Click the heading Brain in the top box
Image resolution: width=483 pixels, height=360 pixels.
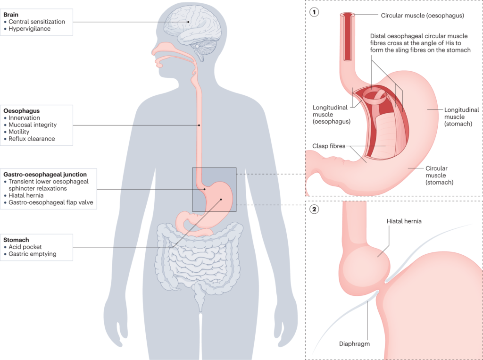point(11,15)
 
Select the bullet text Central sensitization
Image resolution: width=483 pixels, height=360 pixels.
point(37,22)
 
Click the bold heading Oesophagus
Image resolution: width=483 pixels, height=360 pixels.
point(21,110)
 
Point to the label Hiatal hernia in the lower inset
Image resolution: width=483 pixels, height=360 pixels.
point(404,221)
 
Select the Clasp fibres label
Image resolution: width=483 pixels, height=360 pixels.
point(329,146)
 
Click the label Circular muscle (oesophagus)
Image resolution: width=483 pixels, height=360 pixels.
point(422,16)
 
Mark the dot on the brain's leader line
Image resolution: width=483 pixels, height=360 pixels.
point(188,21)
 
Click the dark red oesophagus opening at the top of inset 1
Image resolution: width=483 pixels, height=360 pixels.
point(348,16)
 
